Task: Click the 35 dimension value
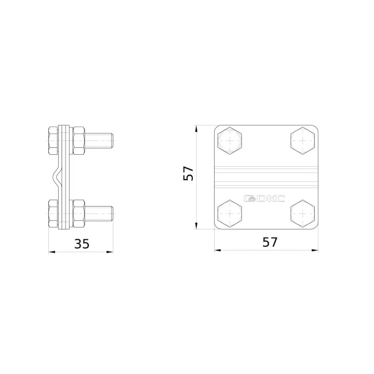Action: (x=82, y=244)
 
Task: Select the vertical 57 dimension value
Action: (x=188, y=173)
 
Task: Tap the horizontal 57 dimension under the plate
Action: (x=270, y=242)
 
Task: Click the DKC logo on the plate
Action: (x=264, y=198)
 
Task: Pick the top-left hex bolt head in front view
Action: (x=230, y=141)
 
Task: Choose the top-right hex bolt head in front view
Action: (x=303, y=141)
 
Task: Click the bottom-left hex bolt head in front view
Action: (x=230, y=213)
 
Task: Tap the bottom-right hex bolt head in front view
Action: (x=303, y=213)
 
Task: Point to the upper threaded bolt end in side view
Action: (x=99, y=141)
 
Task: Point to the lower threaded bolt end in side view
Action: (x=99, y=213)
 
